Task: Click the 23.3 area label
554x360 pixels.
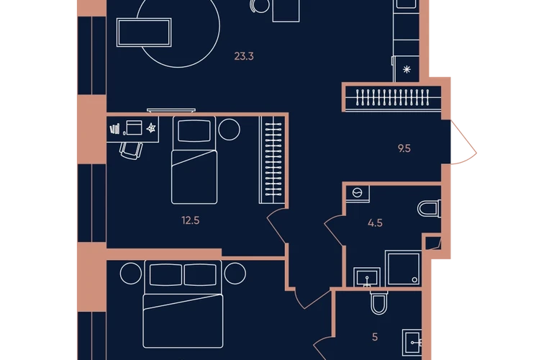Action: [244, 56]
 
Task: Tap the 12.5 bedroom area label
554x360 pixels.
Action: [191, 220]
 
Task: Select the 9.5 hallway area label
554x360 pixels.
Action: [404, 148]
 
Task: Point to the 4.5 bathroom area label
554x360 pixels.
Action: [375, 223]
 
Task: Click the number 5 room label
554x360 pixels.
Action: [375, 337]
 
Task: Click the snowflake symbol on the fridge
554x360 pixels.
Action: [407, 69]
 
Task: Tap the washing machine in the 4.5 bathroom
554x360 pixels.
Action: [358, 194]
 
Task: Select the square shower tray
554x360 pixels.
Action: [403, 269]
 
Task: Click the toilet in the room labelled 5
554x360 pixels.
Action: [378, 302]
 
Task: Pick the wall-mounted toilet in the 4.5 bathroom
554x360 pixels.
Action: [429, 209]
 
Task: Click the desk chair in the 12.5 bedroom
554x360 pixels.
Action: [131, 150]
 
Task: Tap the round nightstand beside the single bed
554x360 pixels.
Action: [230, 130]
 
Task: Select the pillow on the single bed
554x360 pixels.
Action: [194, 130]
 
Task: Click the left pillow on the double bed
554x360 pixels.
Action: [165, 275]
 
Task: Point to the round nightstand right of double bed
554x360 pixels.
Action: [235, 274]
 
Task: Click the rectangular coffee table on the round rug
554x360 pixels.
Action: [144, 32]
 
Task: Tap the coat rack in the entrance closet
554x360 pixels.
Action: [393, 97]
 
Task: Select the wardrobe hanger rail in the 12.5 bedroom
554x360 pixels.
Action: [273, 159]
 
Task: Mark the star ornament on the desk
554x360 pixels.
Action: [151, 128]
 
